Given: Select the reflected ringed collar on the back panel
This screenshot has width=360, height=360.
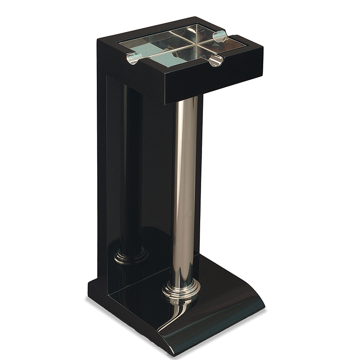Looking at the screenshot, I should pyautogui.click(x=131, y=256).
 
